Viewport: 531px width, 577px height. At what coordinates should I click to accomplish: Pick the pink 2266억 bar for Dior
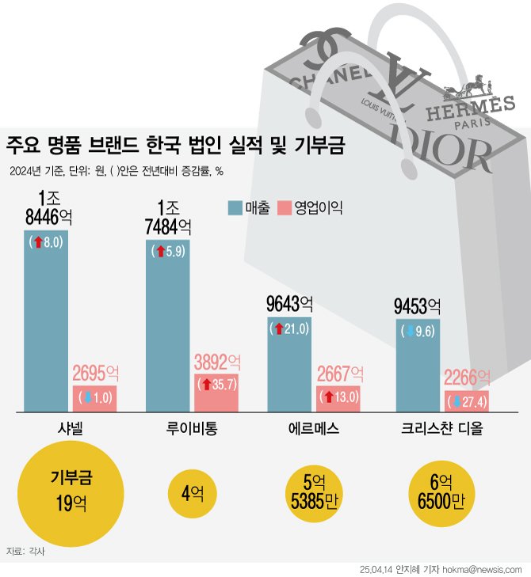click(x=465, y=400)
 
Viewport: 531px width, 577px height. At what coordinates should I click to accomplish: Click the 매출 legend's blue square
click(x=235, y=208)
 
